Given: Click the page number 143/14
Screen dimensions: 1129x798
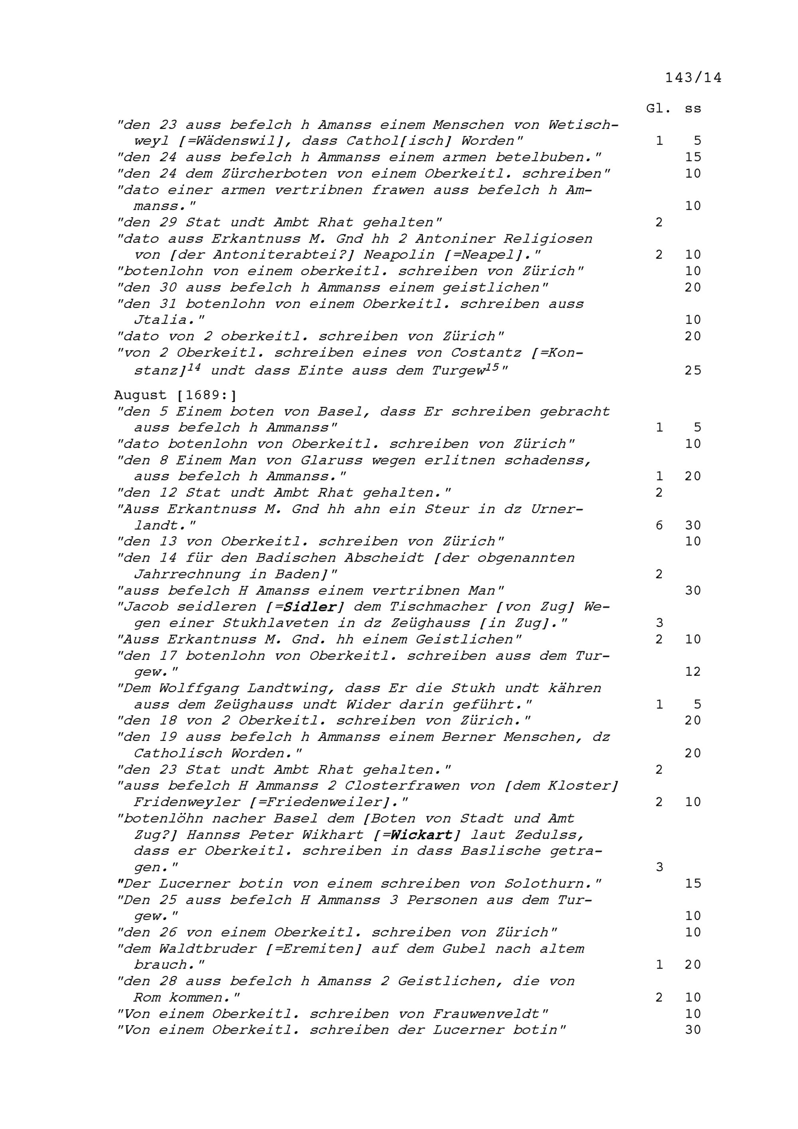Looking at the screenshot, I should click(x=693, y=78).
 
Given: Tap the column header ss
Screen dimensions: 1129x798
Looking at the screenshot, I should click(x=693, y=108).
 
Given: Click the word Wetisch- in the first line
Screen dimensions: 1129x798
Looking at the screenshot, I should click(x=583, y=125).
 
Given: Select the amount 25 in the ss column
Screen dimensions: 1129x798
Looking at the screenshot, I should click(x=693, y=370).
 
